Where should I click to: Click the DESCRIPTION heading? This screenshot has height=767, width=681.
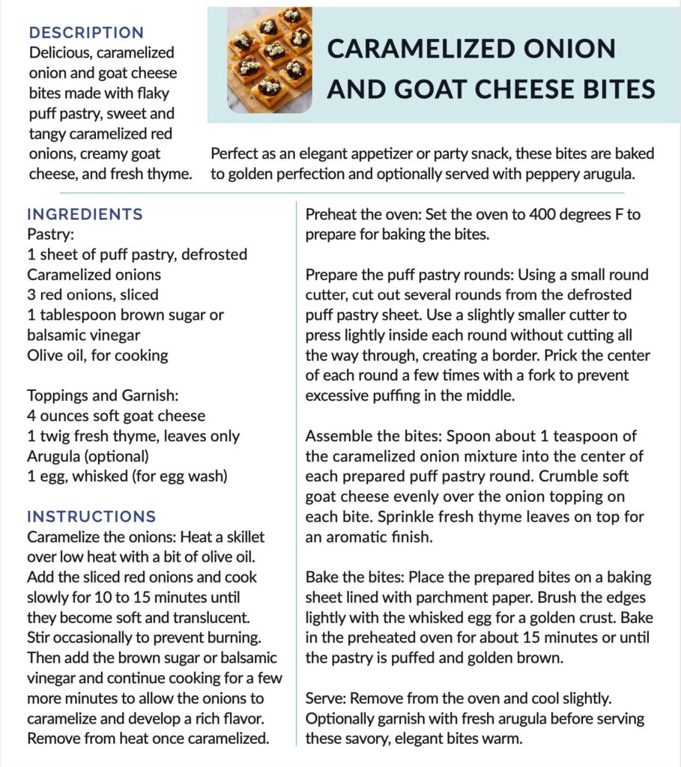click(x=85, y=33)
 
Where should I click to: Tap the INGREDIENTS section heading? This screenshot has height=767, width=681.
click(x=85, y=214)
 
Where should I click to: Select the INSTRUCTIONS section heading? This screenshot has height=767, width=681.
click(x=91, y=517)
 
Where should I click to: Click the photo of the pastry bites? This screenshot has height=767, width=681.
click(x=270, y=59)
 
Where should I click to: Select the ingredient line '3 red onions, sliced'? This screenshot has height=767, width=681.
click(x=93, y=294)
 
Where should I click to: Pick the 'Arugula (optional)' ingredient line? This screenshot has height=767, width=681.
click(x=88, y=455)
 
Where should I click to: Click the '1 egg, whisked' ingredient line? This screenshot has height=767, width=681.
click(x=127, y=476)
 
